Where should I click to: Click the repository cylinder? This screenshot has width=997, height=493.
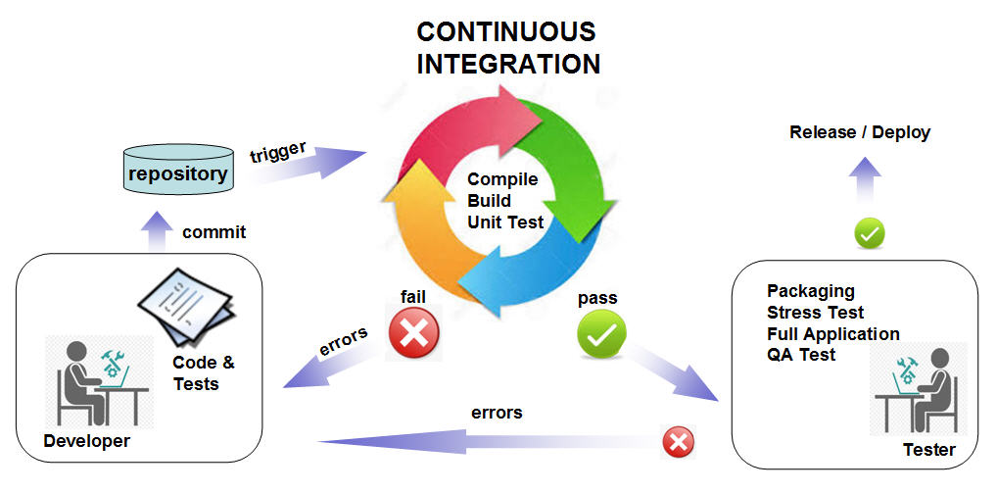pos(178,173)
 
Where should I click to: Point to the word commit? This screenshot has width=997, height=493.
pos(214,232)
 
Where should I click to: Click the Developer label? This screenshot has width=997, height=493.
pos(86,441)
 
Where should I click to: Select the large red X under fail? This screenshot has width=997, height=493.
pos(414,333)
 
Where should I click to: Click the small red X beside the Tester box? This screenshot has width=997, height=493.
pos(678,442)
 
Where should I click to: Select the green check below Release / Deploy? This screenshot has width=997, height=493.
pos(870,233)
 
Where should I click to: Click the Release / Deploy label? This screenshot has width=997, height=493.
pos(860,132)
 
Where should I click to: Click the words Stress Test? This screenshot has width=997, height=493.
pos(816,313)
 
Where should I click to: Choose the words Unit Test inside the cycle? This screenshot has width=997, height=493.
pos(505,222)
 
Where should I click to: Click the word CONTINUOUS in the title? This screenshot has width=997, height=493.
pos(506,30)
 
